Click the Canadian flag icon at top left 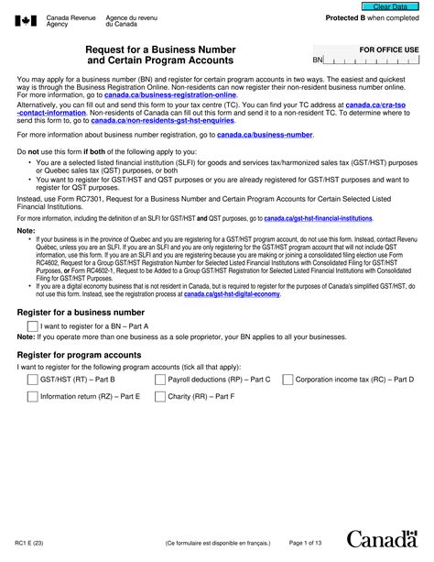[25, 22]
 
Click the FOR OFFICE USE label [388, 48]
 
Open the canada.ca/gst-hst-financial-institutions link [318, 220]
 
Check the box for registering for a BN [33, 325]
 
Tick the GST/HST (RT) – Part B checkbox [33, 379]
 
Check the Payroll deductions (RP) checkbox [160, 379]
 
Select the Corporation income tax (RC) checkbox [288, 379]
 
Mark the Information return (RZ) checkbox [33, 397]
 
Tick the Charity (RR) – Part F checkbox [160, 397]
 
